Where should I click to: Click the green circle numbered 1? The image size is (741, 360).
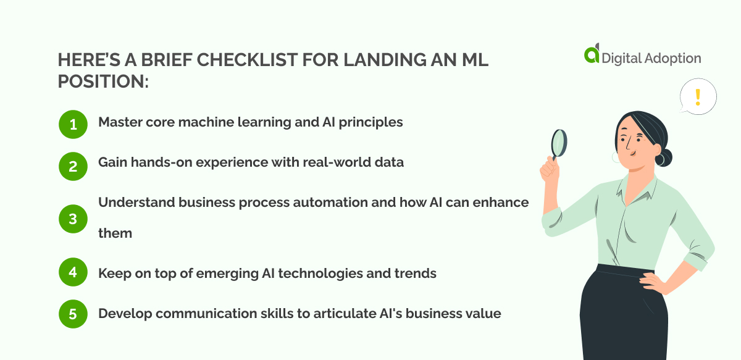coord(73,125)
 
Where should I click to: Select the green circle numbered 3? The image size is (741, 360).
coord(73,219)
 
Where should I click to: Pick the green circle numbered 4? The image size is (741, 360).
coord(73,273)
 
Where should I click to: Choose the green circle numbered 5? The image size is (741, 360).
coord(73,314)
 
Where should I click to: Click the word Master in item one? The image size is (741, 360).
coord(119,122)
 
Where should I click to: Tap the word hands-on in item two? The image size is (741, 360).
coord(156,162)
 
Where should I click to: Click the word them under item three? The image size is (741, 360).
coord(115,233)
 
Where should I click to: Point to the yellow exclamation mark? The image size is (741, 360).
coord(698,97)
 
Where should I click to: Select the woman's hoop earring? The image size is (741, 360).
coord(659,160)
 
